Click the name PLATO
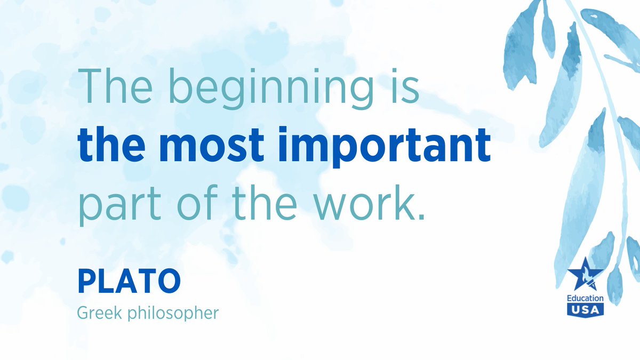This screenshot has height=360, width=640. [x=129, y=282]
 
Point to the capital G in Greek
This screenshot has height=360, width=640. [x=83, y=313]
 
